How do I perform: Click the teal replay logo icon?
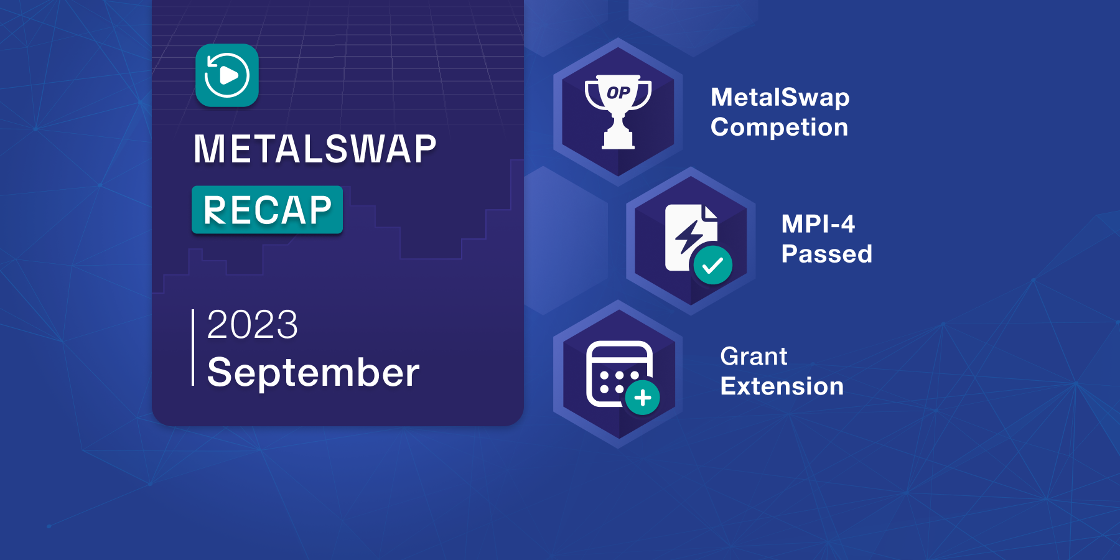pos(227,75)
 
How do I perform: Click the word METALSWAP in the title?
pos(315,149)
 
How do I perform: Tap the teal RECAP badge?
pos(268,210)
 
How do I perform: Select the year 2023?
pos(253,324)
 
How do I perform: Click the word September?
pos(313,373)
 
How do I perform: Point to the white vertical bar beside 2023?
pos(193,347)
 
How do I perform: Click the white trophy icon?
pos(618,112)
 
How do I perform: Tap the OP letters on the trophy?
pos(618,93)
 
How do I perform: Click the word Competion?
pos(780,128)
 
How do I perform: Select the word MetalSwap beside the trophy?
pos(780,97)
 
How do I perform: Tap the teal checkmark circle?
pos(712,266)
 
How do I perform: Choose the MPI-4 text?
pos(818,224)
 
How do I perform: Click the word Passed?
pos(827,254)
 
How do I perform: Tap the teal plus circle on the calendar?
pos(643,398)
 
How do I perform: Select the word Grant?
pos(754,357)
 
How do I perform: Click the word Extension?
pos(782,386)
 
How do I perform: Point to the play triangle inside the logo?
pos(230,76)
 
